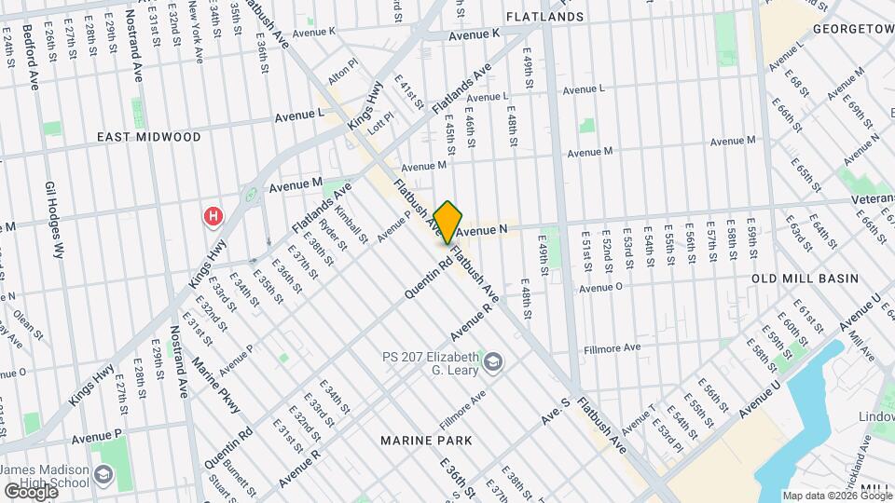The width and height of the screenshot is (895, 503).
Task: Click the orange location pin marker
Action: click(447, 222)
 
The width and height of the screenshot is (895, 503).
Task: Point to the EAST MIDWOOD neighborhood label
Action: click(149, 137)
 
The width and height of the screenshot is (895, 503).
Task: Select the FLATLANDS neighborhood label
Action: click(544, 17)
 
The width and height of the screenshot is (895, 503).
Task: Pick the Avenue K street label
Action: click(475, 34)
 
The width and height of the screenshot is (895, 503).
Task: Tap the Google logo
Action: click(30, 491)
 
